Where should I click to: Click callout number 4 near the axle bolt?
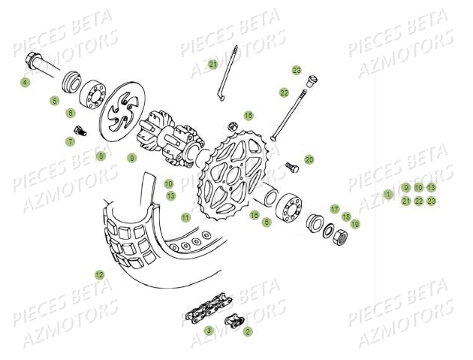26,82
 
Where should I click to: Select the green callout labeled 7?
70,141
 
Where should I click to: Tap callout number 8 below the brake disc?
101,156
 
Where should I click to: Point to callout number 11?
185,217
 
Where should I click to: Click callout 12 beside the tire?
99,275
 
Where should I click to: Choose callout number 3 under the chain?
209,330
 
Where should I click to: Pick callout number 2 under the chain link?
248,330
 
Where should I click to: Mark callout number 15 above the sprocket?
248,116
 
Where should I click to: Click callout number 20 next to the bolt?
309,159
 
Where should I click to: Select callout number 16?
255,215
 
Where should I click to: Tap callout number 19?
355,223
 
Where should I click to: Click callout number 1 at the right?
388,194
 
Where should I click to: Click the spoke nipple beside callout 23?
314,76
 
